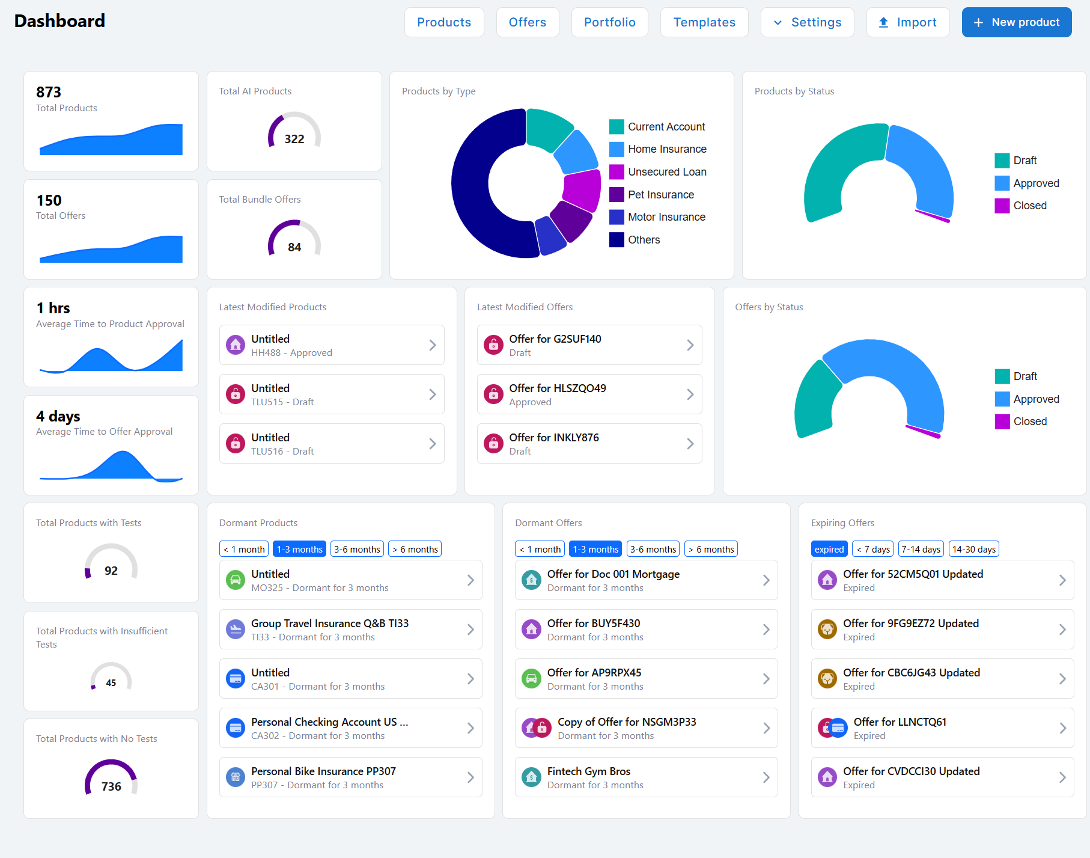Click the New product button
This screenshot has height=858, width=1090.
[1017, 22]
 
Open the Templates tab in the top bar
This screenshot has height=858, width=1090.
[704, 22]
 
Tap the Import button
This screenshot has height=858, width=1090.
[908, 22]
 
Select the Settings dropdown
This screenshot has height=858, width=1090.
[808, 22]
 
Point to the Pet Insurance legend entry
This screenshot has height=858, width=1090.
[652, 195]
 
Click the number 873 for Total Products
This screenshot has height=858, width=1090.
[49, 92]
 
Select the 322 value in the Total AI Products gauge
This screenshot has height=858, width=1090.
[294, 139]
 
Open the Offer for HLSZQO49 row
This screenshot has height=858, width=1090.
[589, 394]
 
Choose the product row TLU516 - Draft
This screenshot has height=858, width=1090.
[332, 444]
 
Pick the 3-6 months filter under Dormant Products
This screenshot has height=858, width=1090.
[357, 549]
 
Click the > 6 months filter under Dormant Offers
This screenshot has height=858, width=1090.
[711, 549]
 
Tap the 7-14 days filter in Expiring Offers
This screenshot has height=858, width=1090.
[921, 549]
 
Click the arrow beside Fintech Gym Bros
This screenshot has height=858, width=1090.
[766, 777]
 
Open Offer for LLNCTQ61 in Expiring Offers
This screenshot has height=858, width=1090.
[942, 728]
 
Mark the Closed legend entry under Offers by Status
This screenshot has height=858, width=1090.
[1021, 421]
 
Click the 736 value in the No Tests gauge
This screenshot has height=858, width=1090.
[111, 786]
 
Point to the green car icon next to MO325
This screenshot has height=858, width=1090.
[236, 580]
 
